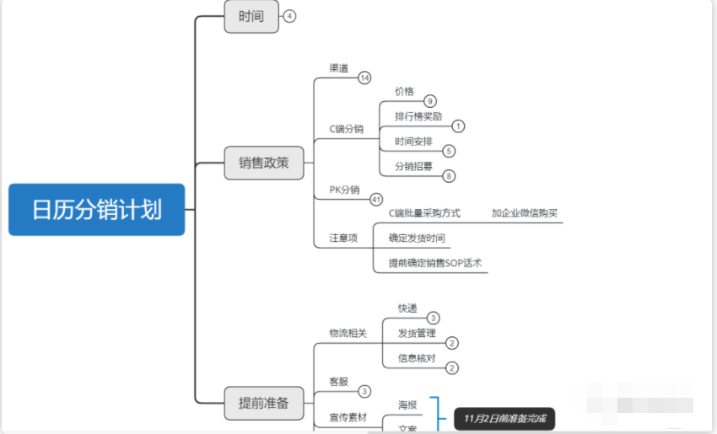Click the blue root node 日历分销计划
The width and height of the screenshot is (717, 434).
(96, 209)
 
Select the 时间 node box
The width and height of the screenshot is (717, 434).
(251, 16)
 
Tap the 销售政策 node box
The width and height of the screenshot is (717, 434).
(263, 162)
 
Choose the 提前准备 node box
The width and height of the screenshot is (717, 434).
(263, 403)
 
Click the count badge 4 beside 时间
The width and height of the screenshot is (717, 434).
(290, 16)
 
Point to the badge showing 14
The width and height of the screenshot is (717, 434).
(364, 78)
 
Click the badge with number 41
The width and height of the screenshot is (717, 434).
(376, 200)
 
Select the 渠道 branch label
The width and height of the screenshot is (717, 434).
(339, 67)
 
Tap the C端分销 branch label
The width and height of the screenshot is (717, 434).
(346, 129)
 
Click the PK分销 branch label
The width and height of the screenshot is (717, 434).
(344, 190)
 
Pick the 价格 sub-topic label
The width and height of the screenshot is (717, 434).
(404, 91)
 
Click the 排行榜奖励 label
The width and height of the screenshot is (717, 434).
(418, 116)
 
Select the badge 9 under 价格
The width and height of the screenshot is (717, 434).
(430, 101)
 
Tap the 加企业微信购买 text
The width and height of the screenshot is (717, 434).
(525, 213)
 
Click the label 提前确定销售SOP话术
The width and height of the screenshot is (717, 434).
(435, 263)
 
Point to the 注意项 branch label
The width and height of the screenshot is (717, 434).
(343, 238)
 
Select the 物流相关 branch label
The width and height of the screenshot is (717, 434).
(348, 333)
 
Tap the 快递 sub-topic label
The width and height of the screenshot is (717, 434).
(407, 308)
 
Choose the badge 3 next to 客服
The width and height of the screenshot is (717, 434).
(364, 391)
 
